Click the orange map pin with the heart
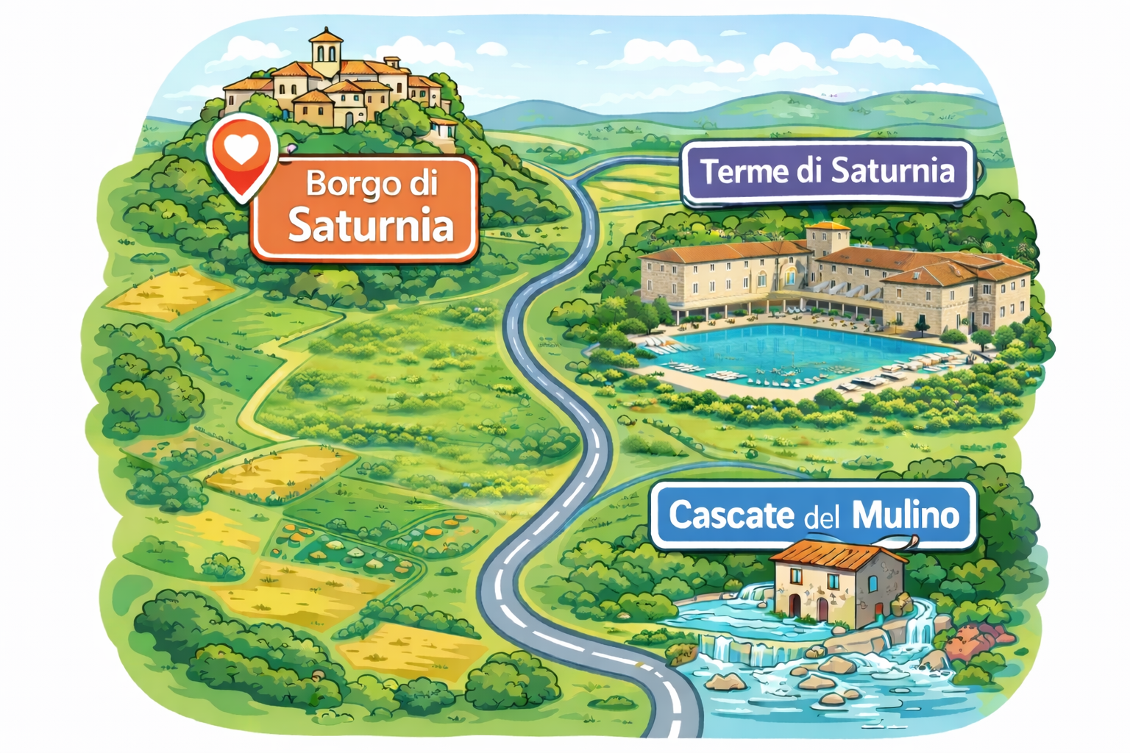pyautogui.click(x=241, y=158)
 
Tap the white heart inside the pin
pyautogui.click(x=241, y=150)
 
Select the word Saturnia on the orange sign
pyautogui.click(x=370, y=225)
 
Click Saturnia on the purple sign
pyautogui.click(x=893, y=171)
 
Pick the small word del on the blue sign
pyautogui.click(x=822, y=518)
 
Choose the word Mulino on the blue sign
pyautogui.click(x=906, y=515)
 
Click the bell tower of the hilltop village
pyautogui.click(x=326, y=50)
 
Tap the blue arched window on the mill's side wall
pyautogui.click(x=873, y=582)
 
